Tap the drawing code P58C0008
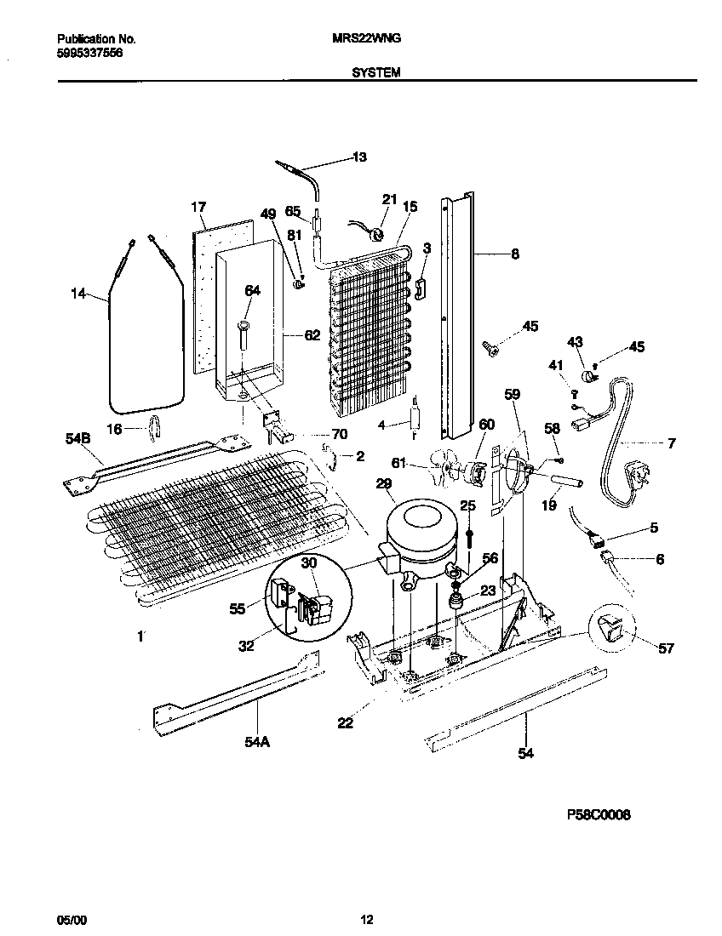pyautogui.click(x=598, y=814)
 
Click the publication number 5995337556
pyautogui.click(x=89, y=52)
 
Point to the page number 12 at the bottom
pyautogui.click(x=366, y=919)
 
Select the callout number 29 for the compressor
pyautogui.click(x=384, y=484)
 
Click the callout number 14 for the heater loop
pyautogui.click(x=79, y=294)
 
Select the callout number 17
pyautogui.click(x=198, y=207)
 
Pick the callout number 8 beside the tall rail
pyautogui.click(x=514, y=254)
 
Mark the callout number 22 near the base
pyautogui.click(x=345, y=723)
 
